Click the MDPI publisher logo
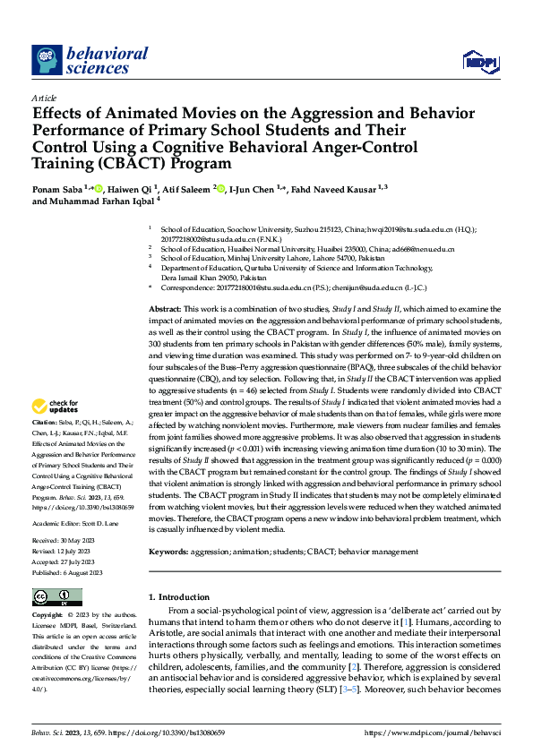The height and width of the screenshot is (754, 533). pyautogui.click(x=479, y=61)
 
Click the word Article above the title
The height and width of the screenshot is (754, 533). pyautogui.click(x=44, y=98)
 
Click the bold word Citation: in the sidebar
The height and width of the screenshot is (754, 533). pyautogui.click(x=44, y=421)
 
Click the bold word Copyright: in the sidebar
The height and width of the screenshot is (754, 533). pyautogui.click(x=47, y=616)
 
